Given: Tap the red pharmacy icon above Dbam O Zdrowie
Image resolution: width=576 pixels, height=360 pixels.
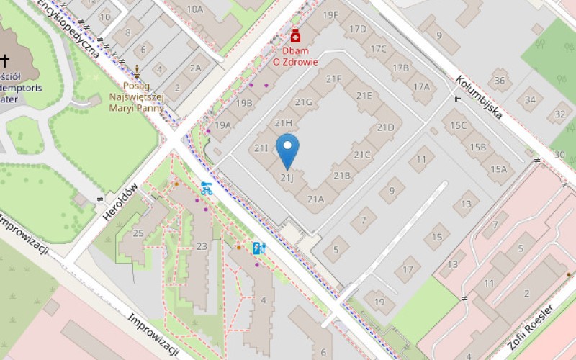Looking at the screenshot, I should tap(294, 36).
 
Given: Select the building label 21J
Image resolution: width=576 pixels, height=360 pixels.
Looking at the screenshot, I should tap(287, 176).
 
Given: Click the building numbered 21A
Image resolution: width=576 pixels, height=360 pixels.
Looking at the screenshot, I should tap(315, 199).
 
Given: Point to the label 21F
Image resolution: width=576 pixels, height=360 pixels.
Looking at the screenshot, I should tap(333, 79).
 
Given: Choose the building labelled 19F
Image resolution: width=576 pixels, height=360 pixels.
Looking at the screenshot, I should tap(330, 14).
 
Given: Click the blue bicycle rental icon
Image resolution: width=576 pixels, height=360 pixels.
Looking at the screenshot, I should tap(207, 189).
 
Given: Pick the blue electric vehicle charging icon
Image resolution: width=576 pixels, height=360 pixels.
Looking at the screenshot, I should tap(258, 248).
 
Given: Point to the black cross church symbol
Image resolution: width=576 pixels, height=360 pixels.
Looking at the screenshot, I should tap(5, 60).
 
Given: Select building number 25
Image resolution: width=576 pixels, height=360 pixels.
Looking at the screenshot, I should tap(138, 233).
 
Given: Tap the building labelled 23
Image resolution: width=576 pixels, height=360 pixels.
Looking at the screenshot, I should tap(202, 246).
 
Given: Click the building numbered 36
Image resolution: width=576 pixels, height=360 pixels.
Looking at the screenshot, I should tap(500, 81).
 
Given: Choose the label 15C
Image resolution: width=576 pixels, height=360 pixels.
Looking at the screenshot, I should tap(459, 125).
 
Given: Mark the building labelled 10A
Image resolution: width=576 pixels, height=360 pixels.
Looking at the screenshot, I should tap(194, 9).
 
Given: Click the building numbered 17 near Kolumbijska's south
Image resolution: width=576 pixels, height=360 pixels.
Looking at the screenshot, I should tap(408, 269).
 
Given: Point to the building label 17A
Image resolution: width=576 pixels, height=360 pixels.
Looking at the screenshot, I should tap(421, 87).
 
